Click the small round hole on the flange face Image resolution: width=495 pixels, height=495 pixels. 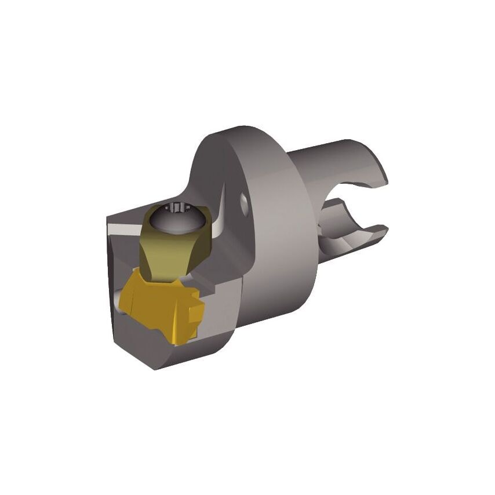[245, 202]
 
